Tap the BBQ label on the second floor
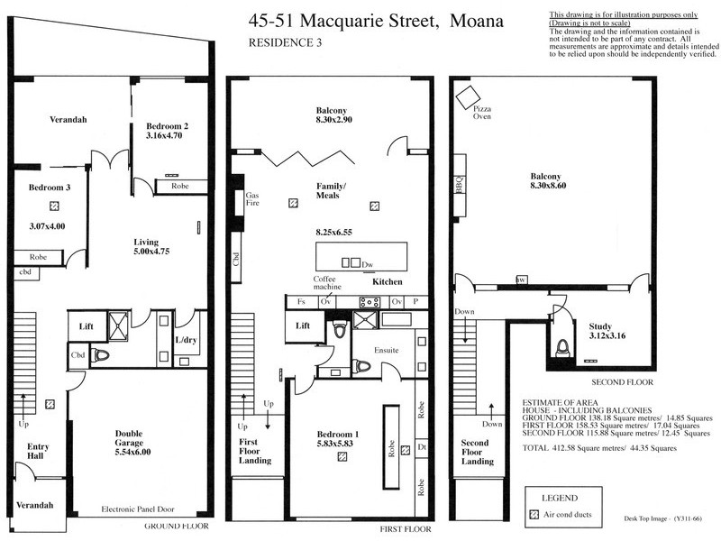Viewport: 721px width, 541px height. [x=459, y=185]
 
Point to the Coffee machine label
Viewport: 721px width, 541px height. [x=324, y=283]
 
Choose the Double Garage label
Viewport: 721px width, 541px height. [x=128, y=439]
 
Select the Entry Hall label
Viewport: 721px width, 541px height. [x=38, y=451]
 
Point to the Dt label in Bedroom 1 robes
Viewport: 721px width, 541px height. [x=421, y=447]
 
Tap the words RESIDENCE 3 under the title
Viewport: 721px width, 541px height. [x=285, y=41]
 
